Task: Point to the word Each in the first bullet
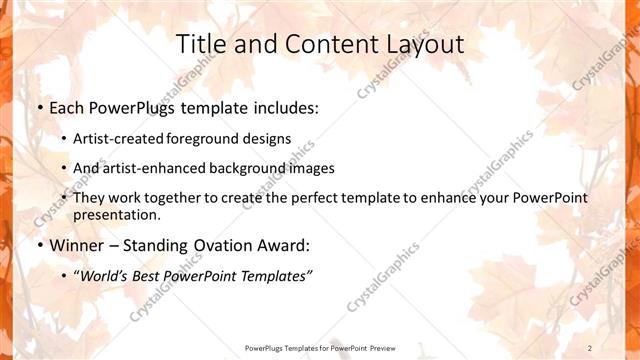coord(67,107)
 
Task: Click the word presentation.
coord(116,214)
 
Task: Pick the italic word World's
coord(108,276)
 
